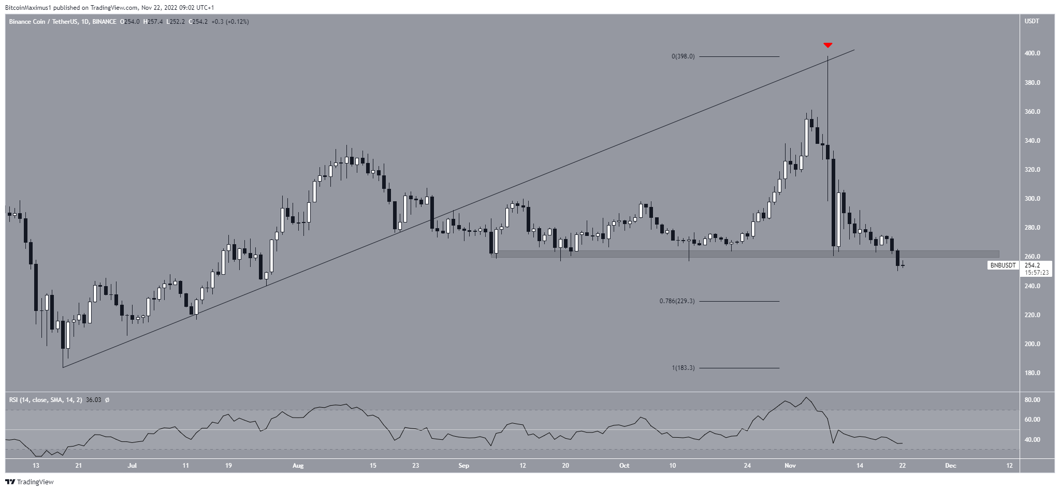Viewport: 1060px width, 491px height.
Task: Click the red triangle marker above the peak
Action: click(x=827, y=45)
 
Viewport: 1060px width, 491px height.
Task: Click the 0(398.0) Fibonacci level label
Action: click(x=683, y=56)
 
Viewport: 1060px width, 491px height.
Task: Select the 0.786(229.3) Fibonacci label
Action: click(x=676, y=301)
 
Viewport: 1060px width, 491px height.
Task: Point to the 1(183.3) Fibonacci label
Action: click(x=683, y=368)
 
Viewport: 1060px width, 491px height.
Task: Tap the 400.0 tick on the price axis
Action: click(x=1033, y=53)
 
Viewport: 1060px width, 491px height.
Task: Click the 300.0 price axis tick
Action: click(x=1033, y=199)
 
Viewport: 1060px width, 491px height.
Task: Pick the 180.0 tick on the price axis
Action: click(x=1033, y=373)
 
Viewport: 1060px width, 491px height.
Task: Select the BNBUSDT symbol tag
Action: click(x=1003, y=265)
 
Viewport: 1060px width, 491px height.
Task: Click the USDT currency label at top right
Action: click(x=1032, y=21)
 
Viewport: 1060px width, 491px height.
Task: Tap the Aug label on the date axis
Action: click(x=298, y=466)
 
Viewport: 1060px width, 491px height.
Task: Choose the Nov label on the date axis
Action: click(x=790, y=466)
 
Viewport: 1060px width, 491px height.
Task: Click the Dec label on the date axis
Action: click(x=950, y=466)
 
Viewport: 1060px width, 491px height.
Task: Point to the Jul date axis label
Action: click(x=132, y=466)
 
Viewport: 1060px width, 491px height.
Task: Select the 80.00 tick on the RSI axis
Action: click(x=1032, y=400)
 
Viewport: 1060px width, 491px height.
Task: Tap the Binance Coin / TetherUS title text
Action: click(x=43, y=22)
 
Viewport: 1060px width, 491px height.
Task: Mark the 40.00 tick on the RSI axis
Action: click(x=1032, y=440)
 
